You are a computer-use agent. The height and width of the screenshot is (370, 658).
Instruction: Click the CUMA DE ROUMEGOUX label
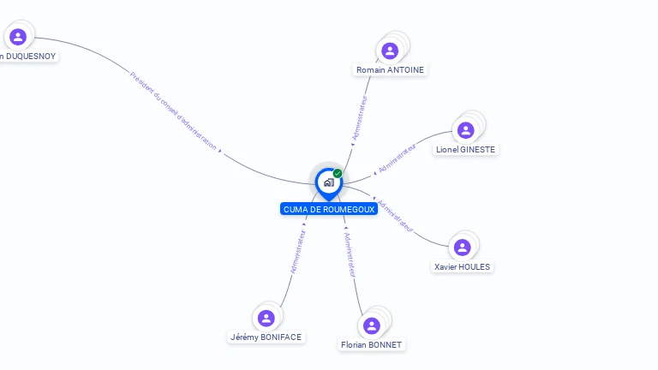click(328, 209)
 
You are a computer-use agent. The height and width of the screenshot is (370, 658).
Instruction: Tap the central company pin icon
click(328, 182)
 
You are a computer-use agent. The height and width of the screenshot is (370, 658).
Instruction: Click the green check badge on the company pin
click(338, 174)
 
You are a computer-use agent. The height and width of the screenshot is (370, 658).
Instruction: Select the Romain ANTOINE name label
click(390, 69)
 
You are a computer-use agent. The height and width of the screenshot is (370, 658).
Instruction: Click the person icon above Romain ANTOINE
click(390, 51)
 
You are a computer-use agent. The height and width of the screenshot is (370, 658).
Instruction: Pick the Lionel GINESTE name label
click(465, 149)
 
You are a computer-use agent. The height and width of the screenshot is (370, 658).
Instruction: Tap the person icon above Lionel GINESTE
click(465, 130)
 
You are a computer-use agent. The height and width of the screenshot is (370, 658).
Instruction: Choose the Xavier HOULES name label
click(462, 266)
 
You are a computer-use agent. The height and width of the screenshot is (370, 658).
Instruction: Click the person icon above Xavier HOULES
click(462, 248)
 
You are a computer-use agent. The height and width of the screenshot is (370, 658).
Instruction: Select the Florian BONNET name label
click(371, 344)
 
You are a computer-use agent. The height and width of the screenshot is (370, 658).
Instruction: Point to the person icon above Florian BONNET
click(371, 325)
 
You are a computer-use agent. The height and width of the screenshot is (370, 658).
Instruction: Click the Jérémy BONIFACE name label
click(266, 337)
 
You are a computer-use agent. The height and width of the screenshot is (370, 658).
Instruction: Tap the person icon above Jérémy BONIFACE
click(266, 318)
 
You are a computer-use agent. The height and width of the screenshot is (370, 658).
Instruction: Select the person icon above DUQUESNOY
click(18, 37)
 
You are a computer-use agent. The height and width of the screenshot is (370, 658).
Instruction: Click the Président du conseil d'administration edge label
click(173, 110)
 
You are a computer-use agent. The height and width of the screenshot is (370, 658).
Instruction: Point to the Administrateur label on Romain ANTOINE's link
click(361, 117)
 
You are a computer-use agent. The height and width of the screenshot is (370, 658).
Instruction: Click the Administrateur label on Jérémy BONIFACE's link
click(298, 250)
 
